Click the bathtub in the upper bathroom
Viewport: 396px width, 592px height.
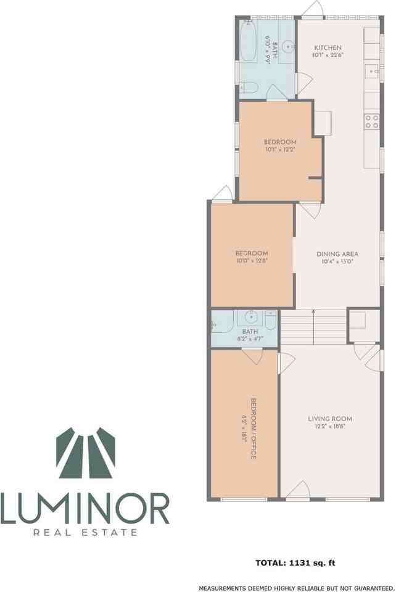pyautogui.click(x=250, y=41)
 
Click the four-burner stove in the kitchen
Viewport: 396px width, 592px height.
pyautogui.click(x=371, y=121)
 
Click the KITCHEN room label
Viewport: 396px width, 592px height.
pyautogui.click(x=328, y=48)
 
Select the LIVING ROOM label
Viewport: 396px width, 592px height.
pyautogui.click(x=330, y=419)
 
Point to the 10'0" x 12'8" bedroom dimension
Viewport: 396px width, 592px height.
pyautogui.click(x=252, y=261)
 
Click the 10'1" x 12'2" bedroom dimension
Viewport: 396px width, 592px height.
pyautogui.click(x=281, y=149)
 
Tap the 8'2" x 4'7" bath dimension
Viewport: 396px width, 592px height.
pyautogui.click(x=246, y=339)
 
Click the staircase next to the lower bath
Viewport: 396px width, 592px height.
pyautogui.click(x=313, y=327)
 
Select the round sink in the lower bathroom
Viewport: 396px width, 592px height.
pyautogui.click(x=251, y=318)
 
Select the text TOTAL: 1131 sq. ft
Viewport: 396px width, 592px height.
pyautogui.click(x=295, y=562)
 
